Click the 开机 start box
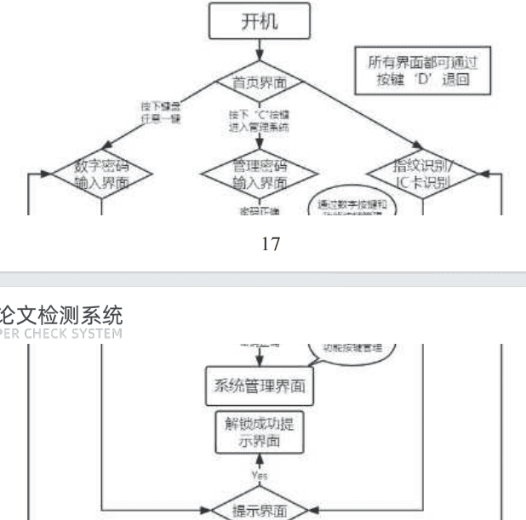tap(263, 22)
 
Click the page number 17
tap(271, 244)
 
